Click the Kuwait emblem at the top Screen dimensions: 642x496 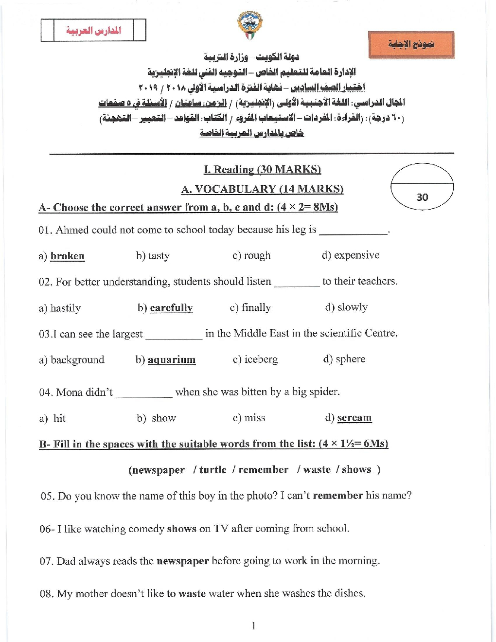(249, 25)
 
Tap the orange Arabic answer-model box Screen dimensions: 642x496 (411, 45)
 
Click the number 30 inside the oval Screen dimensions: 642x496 (422, 197)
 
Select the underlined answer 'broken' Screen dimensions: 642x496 (68, 256)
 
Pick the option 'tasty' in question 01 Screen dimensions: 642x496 (159, 256)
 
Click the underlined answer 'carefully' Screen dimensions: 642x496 (171, 308)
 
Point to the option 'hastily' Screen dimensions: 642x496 (66, 308)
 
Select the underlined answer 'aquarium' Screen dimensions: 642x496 (172, 359)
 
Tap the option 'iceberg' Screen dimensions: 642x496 (261, 359)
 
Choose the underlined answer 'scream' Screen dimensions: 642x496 (354, 418)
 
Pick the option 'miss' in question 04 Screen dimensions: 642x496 (255, 418)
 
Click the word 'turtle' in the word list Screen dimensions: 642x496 (213, 470)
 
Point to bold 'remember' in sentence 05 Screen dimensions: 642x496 (337, 496)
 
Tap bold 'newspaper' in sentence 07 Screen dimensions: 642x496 (182, 561)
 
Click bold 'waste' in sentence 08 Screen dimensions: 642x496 (192, 594)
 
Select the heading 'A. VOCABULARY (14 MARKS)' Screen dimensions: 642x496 (262, 189)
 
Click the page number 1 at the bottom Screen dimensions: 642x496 (253, 626)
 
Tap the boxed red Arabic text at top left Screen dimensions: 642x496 (93, 31)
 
